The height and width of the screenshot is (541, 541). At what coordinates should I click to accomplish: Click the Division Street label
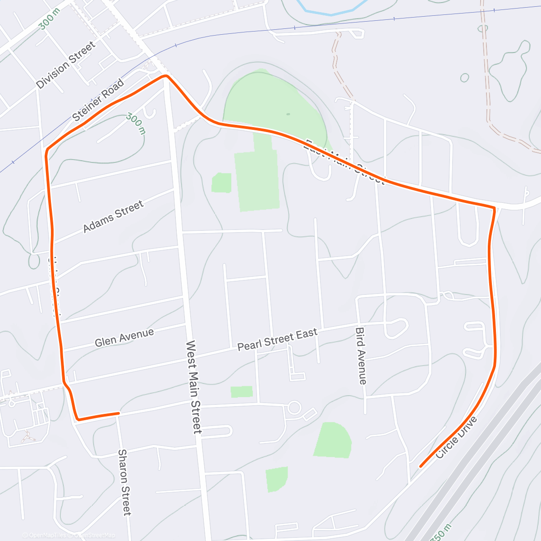[x=66, y=65]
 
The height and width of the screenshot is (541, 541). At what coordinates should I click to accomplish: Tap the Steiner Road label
[x=98, y=101]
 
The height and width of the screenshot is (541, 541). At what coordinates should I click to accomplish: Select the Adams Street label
[x=113, y=216]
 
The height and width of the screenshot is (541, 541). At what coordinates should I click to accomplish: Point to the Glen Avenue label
[x=124, y=337]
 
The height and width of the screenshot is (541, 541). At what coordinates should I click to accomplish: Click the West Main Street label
[x=194, y=387]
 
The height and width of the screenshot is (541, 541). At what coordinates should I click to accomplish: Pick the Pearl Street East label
[x=277, y=339]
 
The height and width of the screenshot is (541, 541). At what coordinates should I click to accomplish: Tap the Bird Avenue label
[x=361, y=356]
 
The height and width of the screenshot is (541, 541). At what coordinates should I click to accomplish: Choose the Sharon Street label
[x=124, y=482]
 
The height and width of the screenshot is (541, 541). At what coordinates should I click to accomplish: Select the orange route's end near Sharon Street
[x=119, y=413]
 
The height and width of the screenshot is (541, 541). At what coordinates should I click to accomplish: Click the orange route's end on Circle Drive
[x=421, y=466]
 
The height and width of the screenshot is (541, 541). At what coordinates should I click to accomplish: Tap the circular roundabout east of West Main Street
[x=294, y=408]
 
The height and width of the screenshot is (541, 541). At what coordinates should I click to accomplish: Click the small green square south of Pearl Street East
[x=242, y=392]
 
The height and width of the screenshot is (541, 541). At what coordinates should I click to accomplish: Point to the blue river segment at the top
[x=331, y=13]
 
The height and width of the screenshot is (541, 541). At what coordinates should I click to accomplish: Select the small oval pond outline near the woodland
[x=464, y=78]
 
